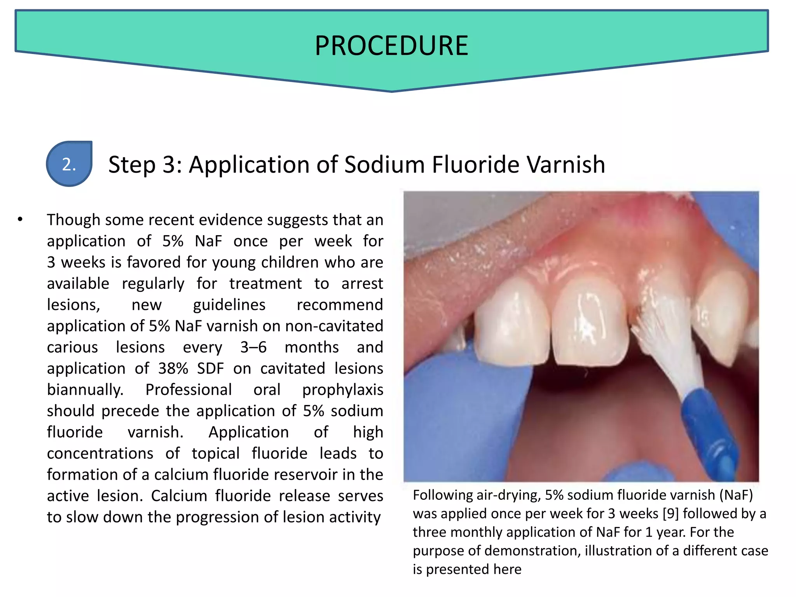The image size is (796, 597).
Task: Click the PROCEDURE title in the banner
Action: click(391, 46)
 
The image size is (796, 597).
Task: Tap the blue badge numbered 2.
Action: click(69, 164)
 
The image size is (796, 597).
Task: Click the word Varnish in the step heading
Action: click(566, 164)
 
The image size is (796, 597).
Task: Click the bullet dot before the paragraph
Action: click(20, 220)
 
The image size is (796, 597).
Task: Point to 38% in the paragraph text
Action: click(173, 368)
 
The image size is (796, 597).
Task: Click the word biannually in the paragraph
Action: click(85, 390)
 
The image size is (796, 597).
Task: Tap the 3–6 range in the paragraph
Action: click(253, 347)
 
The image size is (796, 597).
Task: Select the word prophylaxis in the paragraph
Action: click(342, 390)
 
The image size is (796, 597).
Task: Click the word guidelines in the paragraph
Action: click(229, 305)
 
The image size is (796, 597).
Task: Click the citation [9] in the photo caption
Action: click(670, 514)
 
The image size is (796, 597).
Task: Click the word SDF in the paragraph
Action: click(210, 368)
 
